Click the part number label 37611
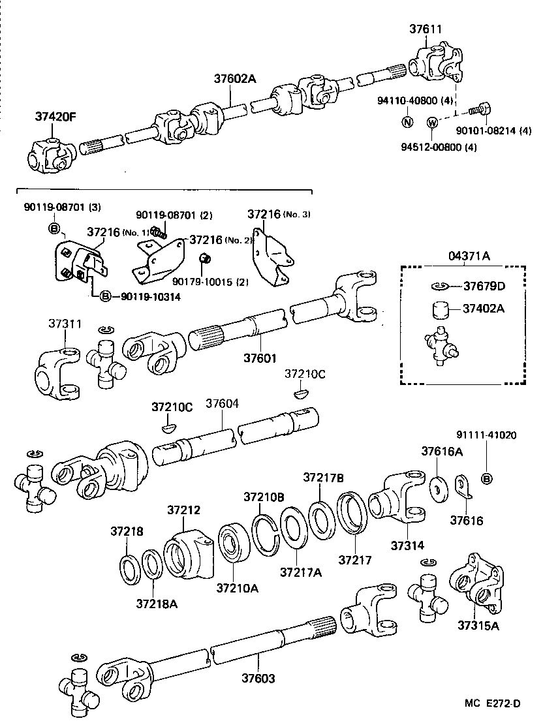(x=426, y=29)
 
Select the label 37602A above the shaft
(x=235, y=79)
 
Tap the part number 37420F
(x=55, y=117)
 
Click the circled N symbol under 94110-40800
(x=407, y=122)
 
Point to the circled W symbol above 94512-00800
(x=431, y=123)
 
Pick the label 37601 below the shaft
(x=260, y=358)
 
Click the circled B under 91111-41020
(x=486, y=479)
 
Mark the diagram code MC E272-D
(x=493, y=703)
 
